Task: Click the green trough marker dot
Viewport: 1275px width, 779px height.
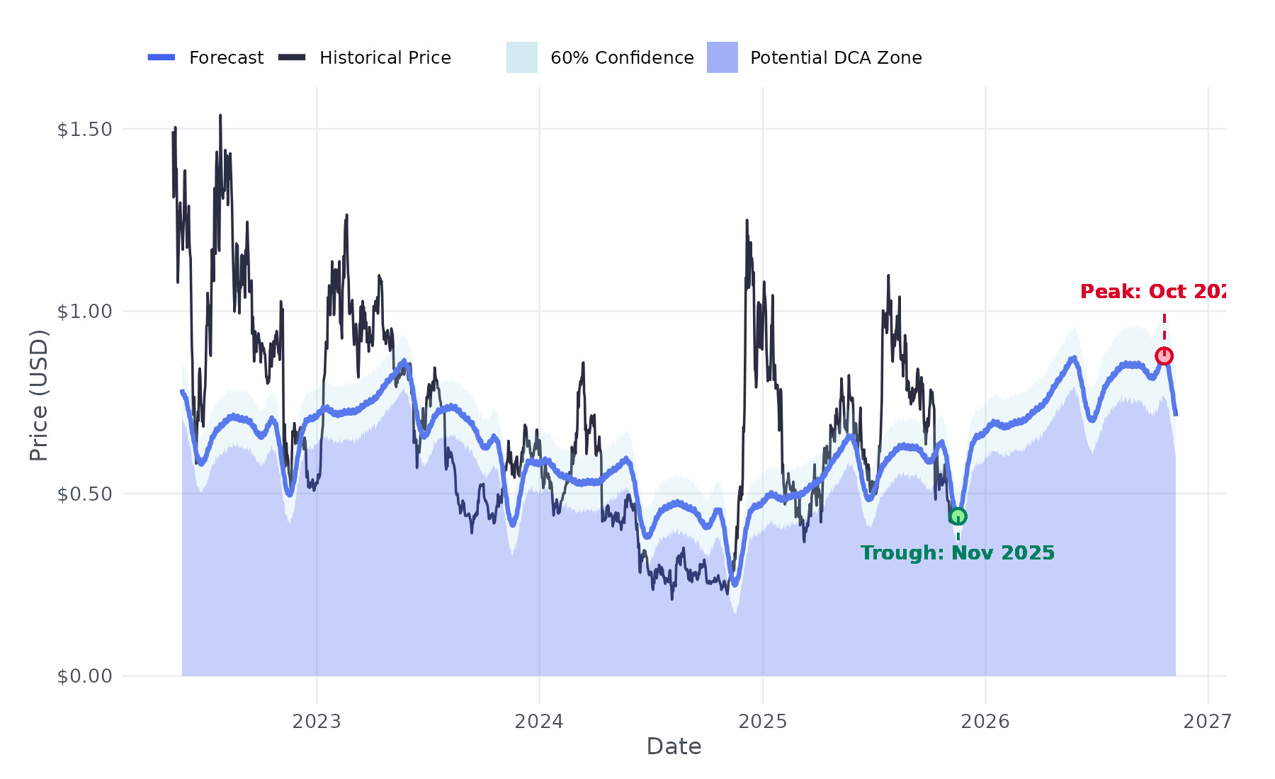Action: point(958,516)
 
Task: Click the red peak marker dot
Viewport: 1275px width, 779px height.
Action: point(1164,356)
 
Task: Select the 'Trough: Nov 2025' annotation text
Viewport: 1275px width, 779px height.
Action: point(958,552)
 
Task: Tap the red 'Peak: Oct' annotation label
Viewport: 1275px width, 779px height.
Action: point(1152,292)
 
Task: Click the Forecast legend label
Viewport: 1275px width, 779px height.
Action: point(226,58)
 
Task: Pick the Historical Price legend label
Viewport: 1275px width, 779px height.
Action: point(385,58)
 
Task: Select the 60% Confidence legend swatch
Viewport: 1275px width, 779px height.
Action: point(521,57)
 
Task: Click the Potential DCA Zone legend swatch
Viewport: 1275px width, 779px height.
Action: point(722,57)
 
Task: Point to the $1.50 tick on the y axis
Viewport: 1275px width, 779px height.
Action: point(85,130)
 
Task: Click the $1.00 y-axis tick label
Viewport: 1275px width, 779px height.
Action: point(85,312)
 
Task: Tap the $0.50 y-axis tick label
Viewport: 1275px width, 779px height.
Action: point(85,494)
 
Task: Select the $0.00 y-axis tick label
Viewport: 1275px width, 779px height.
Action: point(85,676)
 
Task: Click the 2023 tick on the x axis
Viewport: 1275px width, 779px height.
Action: point(317,722)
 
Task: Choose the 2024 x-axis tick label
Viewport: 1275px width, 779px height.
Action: point(539,722)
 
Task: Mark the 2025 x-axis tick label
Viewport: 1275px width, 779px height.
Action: point(763,722)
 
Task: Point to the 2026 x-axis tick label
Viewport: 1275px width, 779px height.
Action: point(985,722)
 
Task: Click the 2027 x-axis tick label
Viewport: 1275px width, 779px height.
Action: point(1208,722)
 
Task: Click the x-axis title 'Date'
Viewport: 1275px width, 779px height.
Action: point(674,746)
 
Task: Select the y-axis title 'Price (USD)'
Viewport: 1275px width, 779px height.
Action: point(39,395)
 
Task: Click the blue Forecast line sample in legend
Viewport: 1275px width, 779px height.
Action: point(161,57)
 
